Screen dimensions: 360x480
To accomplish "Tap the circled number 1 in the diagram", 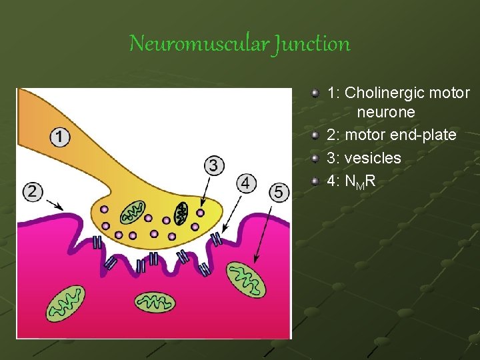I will point(60,137).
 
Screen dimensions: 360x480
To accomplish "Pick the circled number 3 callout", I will point(213,165).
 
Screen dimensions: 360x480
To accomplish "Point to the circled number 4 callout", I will point(247,182).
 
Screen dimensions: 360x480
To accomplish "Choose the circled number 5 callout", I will point(279,193).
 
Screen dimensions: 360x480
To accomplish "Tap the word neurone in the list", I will point(385,111).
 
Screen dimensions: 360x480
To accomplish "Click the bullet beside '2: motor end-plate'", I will point(317,135).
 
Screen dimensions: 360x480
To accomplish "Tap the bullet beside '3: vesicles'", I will point(317,158).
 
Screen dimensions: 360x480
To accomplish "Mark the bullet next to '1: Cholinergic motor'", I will point(317,93).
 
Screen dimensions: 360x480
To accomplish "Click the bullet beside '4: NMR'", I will point(317,180).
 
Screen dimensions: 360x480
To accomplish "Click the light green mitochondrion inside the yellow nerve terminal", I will point(132,213).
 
